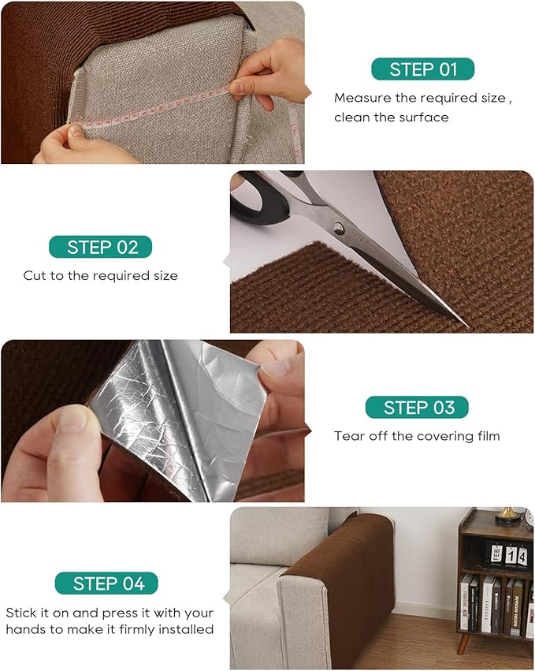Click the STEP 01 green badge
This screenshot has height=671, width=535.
tap(422, 69)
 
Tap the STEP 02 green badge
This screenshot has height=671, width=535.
tap(101, 247)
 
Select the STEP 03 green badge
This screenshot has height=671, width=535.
tap(417, 407)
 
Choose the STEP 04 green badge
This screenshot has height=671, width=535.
tap(106, 583)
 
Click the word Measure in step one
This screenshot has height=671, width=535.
tap(362, 98)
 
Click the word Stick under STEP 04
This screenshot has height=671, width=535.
tap(21, 613)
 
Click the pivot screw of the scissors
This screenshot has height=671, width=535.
tap(338, 229)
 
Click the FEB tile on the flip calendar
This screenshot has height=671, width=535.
tap(496, 554)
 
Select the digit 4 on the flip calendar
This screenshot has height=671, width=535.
tap(522, 557)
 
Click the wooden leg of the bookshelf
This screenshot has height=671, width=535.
tap(463, 643)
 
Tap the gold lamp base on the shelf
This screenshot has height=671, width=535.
tap(508, 517)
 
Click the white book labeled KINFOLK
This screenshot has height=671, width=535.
tap(487, 605)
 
